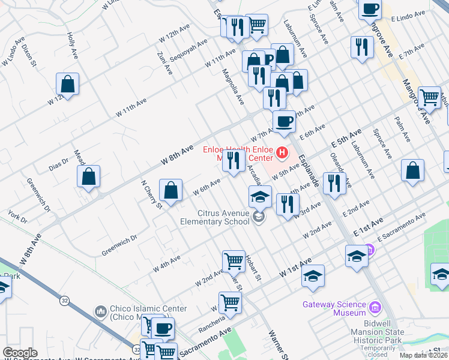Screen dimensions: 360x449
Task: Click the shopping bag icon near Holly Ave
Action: [68, 84]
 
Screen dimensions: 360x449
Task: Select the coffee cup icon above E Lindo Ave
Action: [370, 9]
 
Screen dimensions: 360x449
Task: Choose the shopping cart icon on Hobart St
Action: [234, 261]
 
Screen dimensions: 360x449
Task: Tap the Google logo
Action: [20, 353]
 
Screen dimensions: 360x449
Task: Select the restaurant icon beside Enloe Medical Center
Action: [234, 160]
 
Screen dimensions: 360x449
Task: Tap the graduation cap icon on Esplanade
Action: [357, 256]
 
